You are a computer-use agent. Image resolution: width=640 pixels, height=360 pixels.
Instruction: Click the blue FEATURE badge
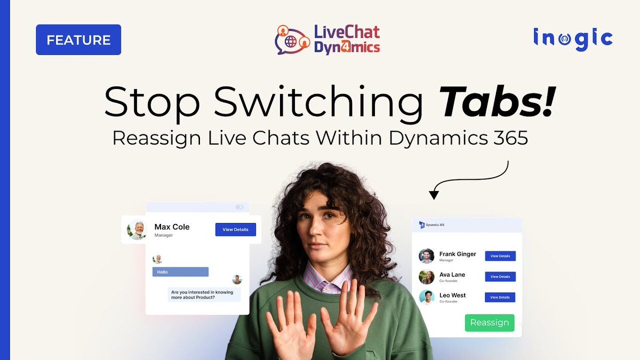coord(78,40)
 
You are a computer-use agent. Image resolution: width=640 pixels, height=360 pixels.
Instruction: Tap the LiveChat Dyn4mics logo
coord(327,39)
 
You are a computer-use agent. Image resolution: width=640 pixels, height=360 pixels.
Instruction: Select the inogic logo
coord(572,38)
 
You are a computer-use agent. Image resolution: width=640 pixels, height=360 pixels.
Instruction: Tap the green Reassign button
coord(489,323)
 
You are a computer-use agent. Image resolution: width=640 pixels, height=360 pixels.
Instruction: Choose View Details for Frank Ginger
coord(500,256)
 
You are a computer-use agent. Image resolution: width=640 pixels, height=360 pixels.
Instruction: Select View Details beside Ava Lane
coord(500,277)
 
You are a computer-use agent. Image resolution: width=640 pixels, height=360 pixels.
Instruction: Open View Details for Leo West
coord(500,297)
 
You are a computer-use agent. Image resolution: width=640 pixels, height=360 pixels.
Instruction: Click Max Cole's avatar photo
coord(138,230)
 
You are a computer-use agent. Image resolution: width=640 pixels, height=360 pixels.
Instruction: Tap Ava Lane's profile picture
coord(427,277)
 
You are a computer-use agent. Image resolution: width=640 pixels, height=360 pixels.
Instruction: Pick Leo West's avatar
coord(427,297)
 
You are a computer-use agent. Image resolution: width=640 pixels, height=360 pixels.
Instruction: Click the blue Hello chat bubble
coord(180,272)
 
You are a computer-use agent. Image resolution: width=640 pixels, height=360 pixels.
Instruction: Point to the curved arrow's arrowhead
coord(434,195)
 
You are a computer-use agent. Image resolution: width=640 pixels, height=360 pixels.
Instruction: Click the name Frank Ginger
coord(458,254)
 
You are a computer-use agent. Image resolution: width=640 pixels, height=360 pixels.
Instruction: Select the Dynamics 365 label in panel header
coord(435,225)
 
